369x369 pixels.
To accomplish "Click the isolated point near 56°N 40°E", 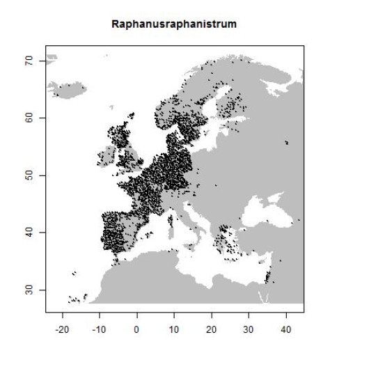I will [x=287, y=143].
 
